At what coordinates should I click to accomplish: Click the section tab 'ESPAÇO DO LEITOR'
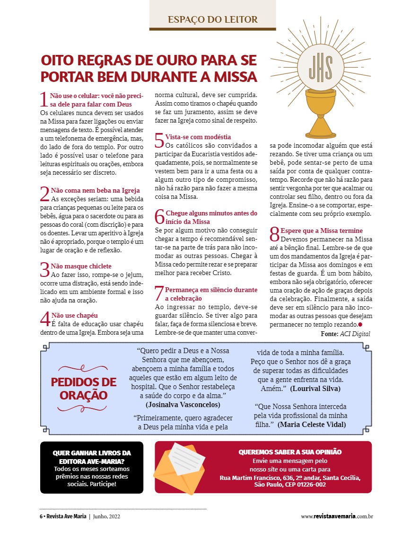coord(212,19)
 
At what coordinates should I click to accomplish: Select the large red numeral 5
coord(159,141)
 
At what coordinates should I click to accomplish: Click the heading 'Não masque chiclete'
coord(81,266)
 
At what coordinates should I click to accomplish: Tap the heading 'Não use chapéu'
coord(74,315)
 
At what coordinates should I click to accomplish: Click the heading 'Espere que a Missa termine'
coord(322,231)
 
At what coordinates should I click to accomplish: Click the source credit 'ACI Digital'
coord(355,334)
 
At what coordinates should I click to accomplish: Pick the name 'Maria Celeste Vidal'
coord(312,425)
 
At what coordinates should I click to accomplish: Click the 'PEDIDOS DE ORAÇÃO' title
coord(84,389)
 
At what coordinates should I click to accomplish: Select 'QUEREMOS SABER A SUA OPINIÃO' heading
coord(290,452)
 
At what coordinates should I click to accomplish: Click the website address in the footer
coord(337,516)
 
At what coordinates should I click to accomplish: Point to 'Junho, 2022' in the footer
coord(107,516)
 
